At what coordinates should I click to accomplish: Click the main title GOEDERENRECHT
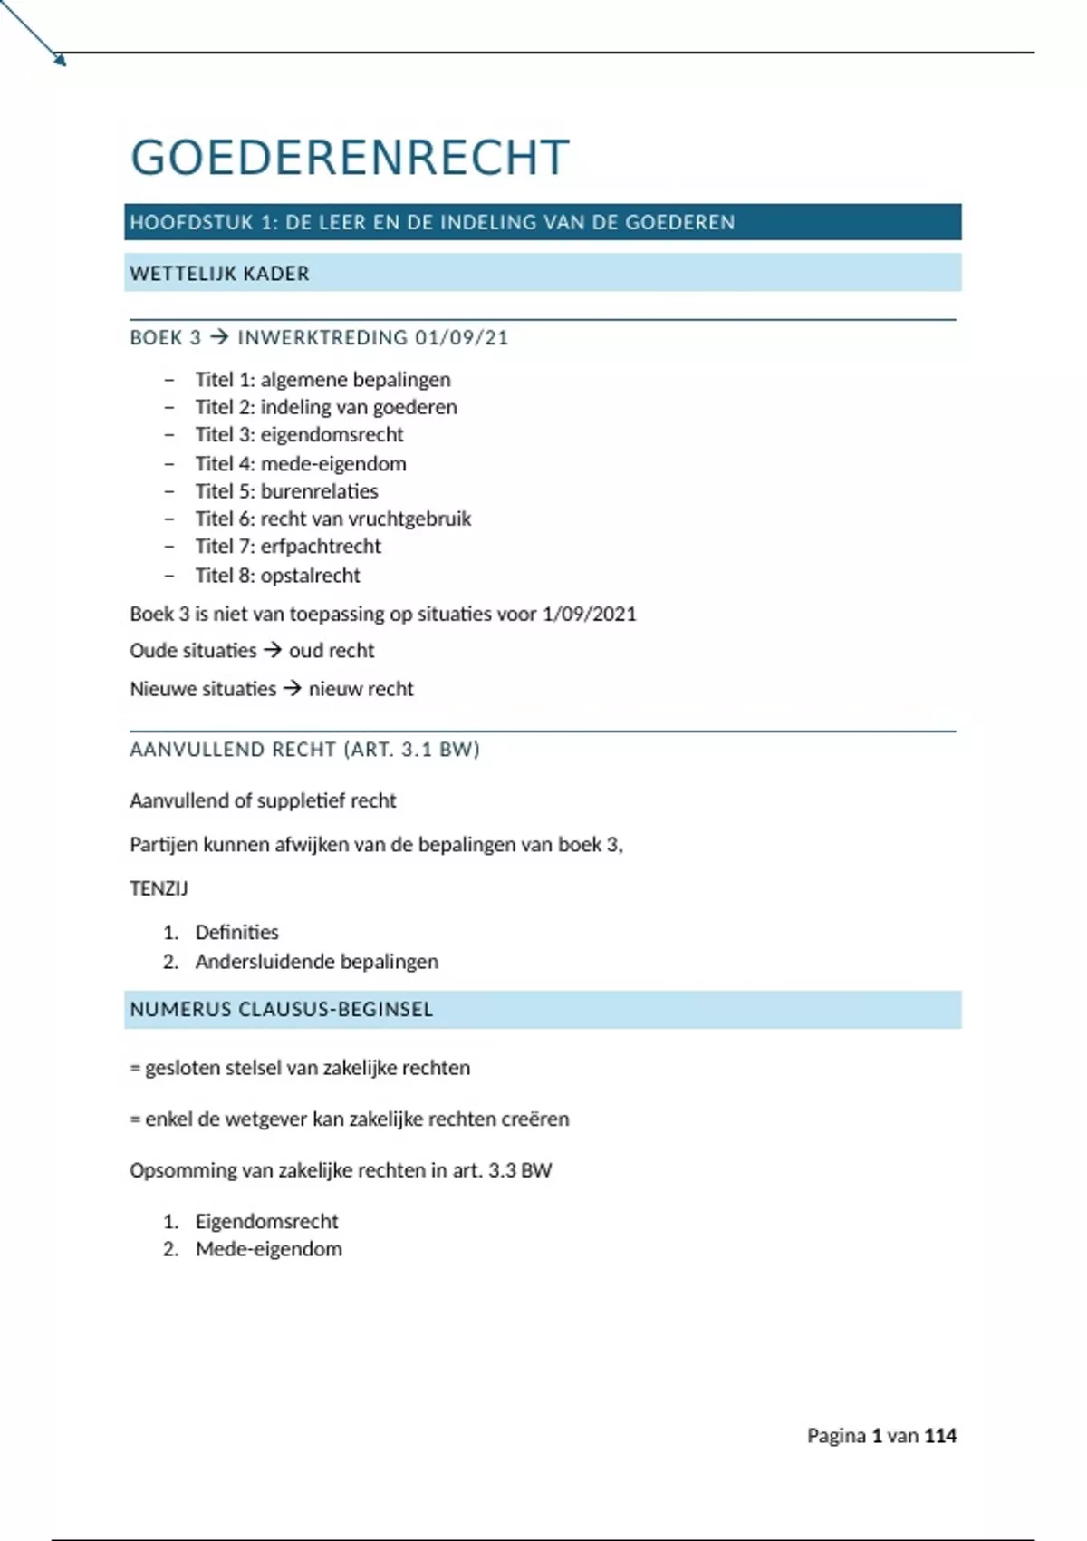point(350,157)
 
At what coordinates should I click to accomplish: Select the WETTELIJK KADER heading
point(219,274)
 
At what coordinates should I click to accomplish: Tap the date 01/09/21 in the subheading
point(462,338)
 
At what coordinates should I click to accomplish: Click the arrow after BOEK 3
point(219,338)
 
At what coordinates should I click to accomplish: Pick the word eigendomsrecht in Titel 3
point(332,435)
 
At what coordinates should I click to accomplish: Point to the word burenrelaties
point(319,491)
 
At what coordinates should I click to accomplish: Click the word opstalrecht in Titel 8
point(310,576)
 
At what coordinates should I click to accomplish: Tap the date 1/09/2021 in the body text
point(589,614)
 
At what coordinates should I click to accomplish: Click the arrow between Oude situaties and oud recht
point(273,650)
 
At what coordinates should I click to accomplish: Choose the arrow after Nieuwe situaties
point(292,689)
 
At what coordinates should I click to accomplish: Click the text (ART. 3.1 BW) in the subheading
point(411,750)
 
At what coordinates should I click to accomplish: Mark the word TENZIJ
point(159,888)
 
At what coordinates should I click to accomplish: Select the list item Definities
point(236,932)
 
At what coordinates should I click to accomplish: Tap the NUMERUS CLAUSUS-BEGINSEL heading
point(281,1010)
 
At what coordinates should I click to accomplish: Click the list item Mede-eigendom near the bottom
point(268,1249)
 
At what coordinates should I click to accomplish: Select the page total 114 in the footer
point(940,1436)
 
